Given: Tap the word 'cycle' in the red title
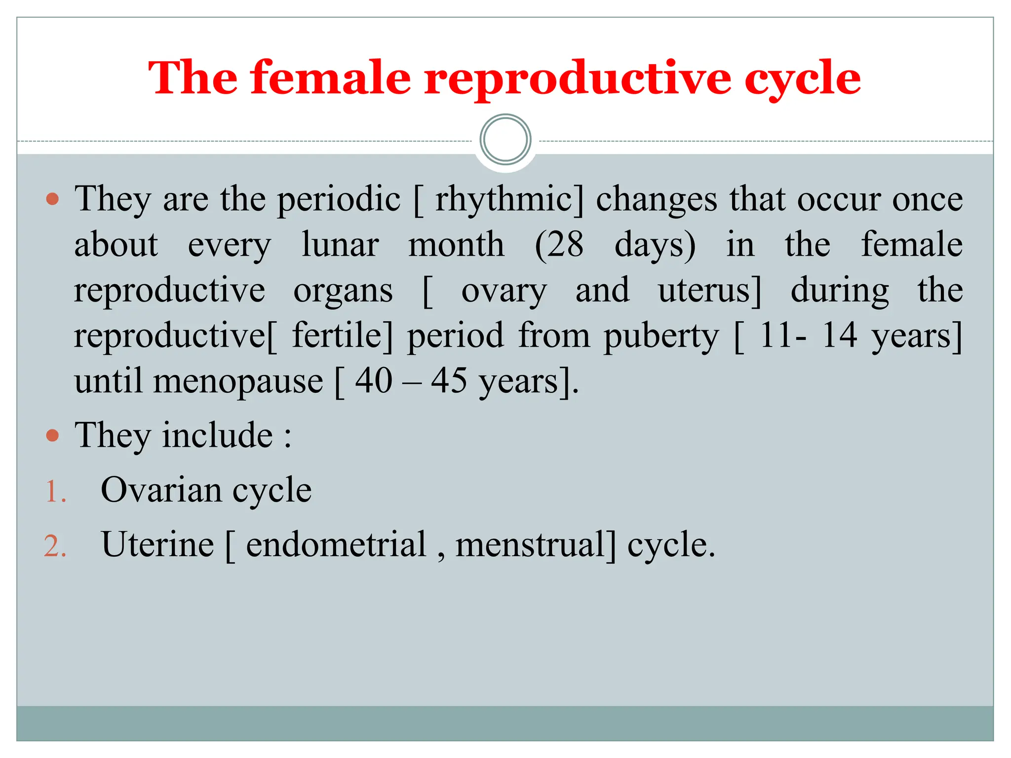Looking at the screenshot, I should coord(802,79).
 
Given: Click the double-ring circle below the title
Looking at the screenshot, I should coord(505,140).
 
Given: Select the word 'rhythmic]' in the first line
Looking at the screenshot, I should coord(508,200).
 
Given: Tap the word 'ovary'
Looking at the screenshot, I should coord(504,291).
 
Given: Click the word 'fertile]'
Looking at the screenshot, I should coord(343,336).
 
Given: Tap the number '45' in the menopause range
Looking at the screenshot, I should coord(449,381).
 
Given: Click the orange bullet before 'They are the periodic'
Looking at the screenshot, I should coord(52,199).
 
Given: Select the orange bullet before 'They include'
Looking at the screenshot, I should coord(52,436).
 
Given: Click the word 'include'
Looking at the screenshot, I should coord(218,435).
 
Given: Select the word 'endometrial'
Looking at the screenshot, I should coord(336,545).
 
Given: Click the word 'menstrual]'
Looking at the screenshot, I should coord(536,545).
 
